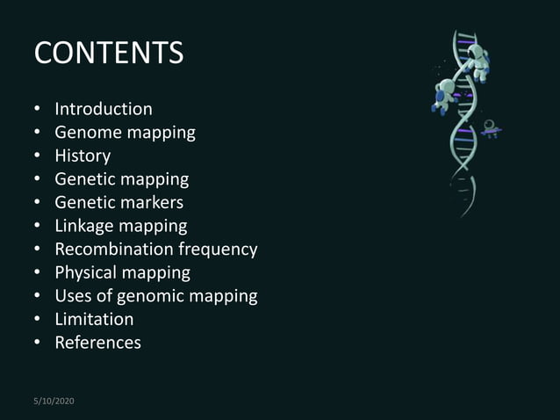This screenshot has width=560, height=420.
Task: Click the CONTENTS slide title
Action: pyautogui.click(x=109, y=53)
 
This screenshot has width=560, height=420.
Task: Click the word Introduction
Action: pyautogui.click(x=104, y=109)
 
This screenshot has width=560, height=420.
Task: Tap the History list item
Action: pyautogui.click(x=83, y=156)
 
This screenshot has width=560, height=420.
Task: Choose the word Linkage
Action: pyautogui.click(x=87, y=226)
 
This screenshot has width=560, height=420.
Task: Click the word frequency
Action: pyautogui.click(x=218, y=250)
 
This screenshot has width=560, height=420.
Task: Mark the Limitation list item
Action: pyautogui.click(x=94, y=319)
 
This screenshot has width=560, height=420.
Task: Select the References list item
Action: pyautogui.click(x=97, y=342)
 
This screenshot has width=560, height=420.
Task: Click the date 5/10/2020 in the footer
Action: pyautogui.click(x=54, y=401)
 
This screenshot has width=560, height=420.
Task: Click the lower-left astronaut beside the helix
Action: pyautogui.click(x=444, y=95)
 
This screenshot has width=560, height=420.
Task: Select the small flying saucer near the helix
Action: pyautogui.click(x=491, y=130)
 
